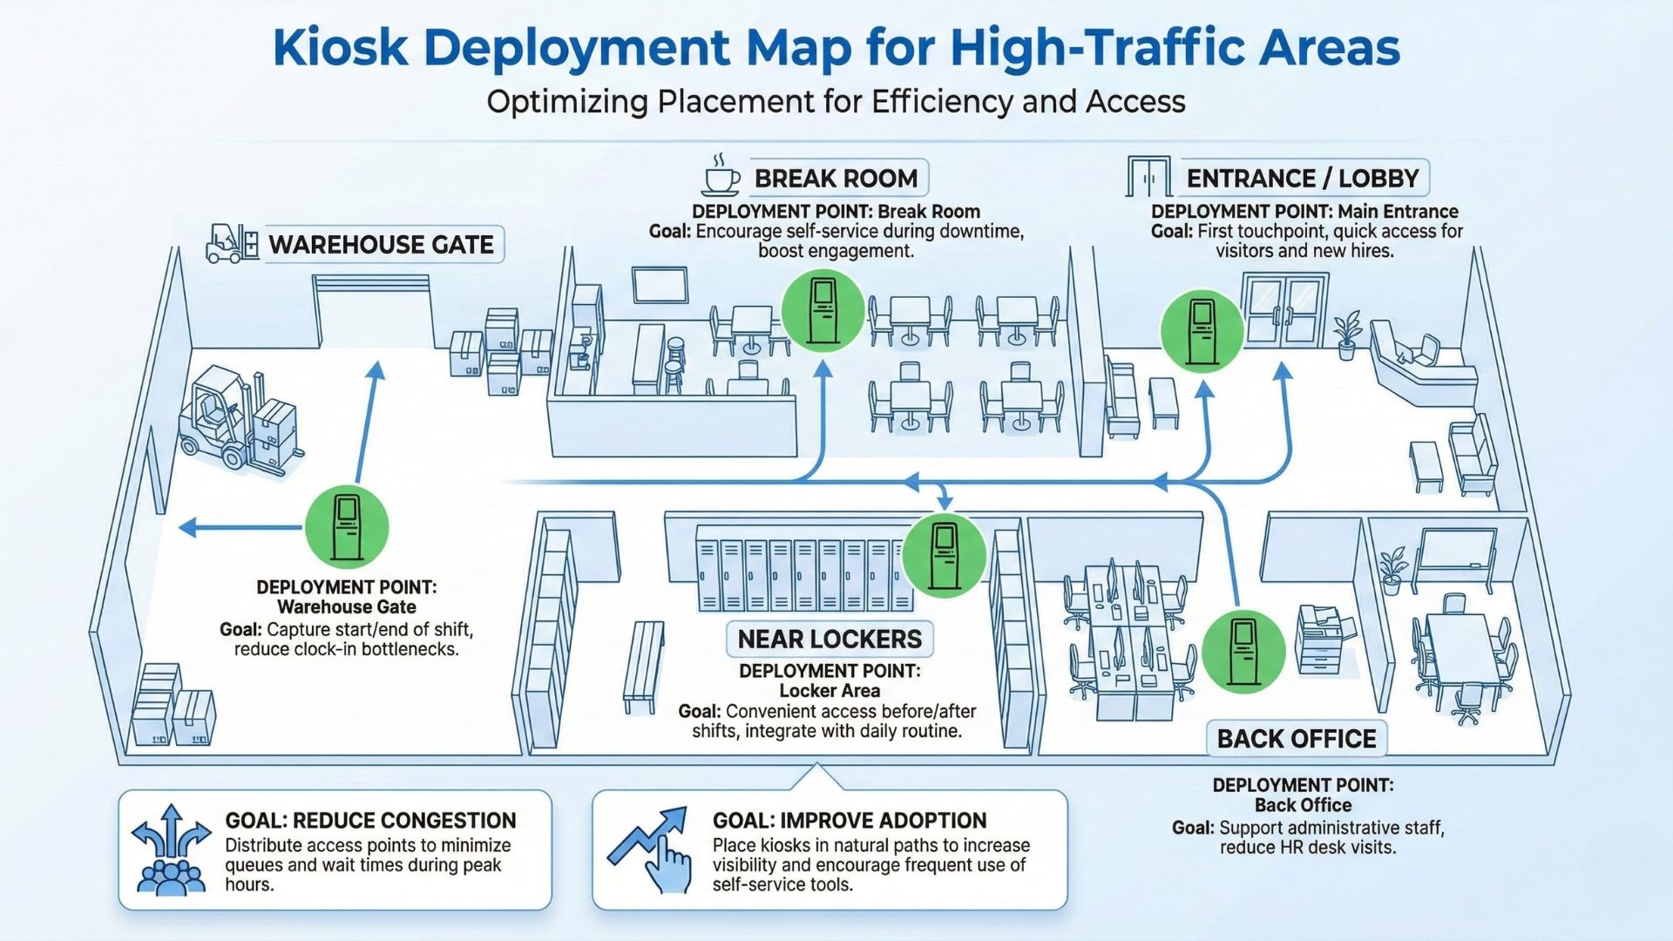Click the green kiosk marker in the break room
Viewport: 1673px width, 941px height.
point(823,311)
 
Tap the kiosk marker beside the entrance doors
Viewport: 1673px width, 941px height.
point(1202,332)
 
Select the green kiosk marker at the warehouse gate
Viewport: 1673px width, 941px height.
point(347,527)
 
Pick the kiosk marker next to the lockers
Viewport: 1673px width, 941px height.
point(944,555)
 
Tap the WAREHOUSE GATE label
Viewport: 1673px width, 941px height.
point(381,245)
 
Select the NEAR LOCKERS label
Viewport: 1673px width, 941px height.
point(830,640)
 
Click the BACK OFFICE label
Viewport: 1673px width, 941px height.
point(1296,739)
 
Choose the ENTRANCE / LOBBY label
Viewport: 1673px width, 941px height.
point(1303,179)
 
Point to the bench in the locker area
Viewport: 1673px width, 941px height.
point(643,667)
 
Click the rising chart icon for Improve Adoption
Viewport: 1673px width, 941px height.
point(650,848)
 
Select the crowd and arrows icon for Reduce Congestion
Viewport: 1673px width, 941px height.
point(171,850)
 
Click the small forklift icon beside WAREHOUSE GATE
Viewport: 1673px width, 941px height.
point(231,244)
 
